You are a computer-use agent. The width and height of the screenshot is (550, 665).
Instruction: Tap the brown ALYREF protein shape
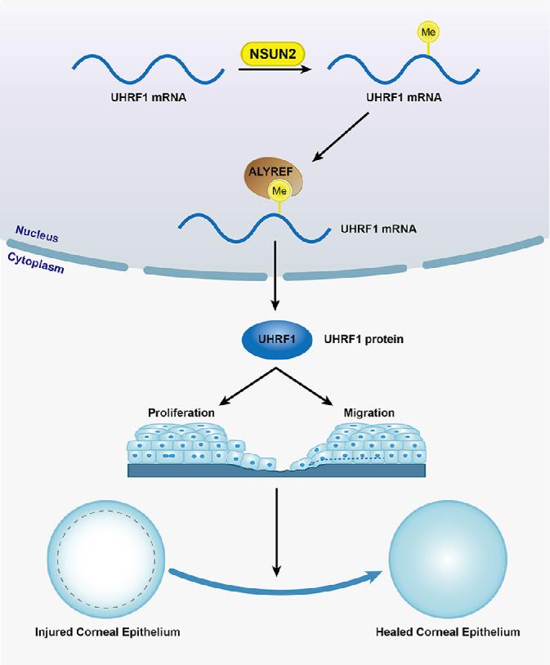[272, 177]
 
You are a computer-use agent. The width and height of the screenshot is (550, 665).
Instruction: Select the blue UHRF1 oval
[275, 339]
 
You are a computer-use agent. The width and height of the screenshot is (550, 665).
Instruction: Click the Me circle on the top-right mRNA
[427, 32]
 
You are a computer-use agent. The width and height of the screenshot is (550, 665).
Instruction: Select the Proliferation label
[181, 413]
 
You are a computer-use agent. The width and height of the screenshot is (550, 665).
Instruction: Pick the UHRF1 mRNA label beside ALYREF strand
[378, 229]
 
